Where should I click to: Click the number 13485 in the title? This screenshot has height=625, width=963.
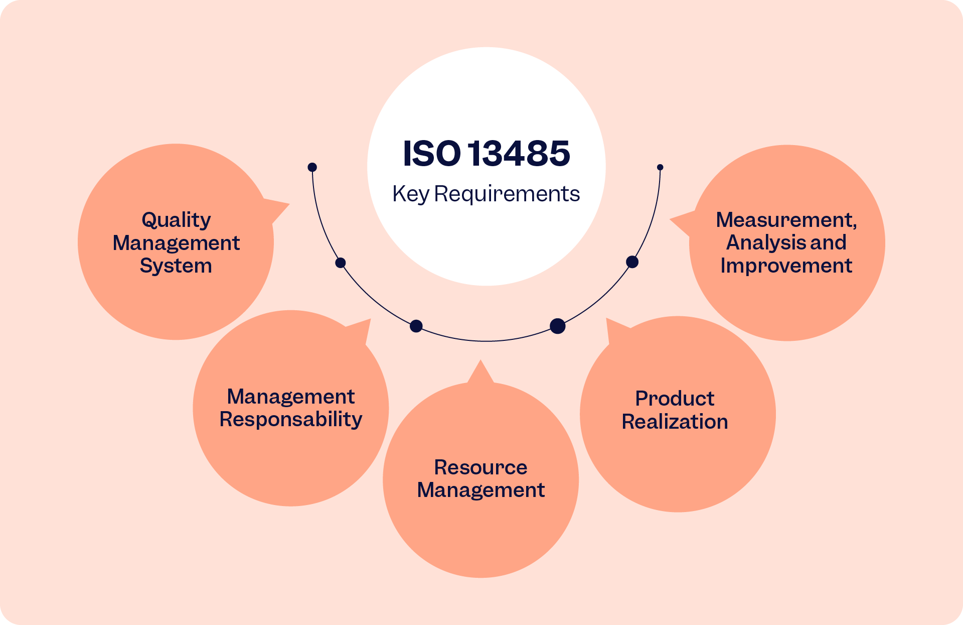[520, 153]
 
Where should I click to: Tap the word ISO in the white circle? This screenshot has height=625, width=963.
[431, 153]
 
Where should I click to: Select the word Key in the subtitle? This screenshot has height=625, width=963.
[411, 194]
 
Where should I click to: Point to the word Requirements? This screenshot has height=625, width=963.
[507, 194]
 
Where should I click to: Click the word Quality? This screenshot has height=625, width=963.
[176, 220]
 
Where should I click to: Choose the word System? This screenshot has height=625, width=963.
[176, 266]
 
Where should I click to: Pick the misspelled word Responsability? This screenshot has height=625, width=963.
[291, 419]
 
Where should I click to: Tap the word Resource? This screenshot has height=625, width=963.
[480, 467]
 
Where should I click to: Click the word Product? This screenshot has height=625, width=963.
[675, 399]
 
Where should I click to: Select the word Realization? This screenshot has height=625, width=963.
[675, 422]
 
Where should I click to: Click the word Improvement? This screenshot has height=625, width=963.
[786, 266]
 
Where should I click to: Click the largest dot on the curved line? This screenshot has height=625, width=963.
[558, 326]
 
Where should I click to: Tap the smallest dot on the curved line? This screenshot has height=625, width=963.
[660, 167]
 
